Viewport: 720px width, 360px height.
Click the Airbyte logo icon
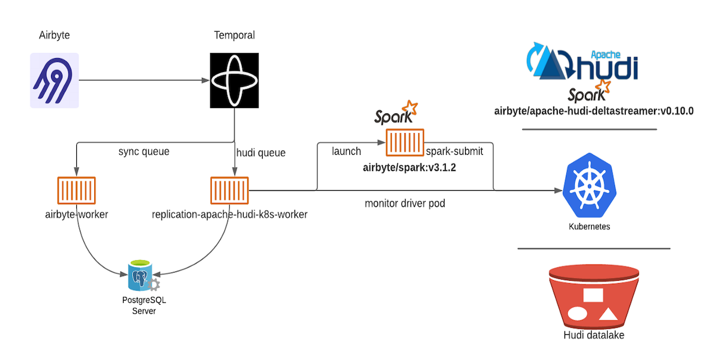(x=55, y=80)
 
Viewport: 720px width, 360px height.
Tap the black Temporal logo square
(x=234, y=80)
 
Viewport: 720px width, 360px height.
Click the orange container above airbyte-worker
(x=76, y=190)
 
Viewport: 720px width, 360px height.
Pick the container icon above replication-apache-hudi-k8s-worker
(x=229, y=190)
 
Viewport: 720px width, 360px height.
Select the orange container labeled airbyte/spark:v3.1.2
(x=404, y=143)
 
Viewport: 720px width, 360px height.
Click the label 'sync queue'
(x=144, y=152)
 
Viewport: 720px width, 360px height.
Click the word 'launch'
(x=346, y=151)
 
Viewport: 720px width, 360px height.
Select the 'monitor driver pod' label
(x=405, y=203)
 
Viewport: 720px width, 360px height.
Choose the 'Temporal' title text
(x=235, y=35)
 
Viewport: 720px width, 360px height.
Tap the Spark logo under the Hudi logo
(x=588, y=91)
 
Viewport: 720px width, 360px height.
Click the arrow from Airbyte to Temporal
(x=144, y=80)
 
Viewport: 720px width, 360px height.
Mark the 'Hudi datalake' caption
(x=594, y=335)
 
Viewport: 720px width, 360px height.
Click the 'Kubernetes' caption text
(x=589, y=227)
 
